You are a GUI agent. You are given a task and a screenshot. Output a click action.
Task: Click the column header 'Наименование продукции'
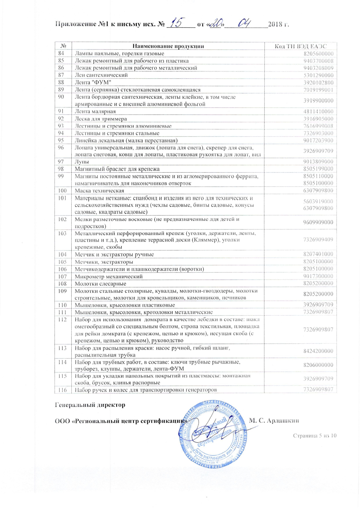[168, 46]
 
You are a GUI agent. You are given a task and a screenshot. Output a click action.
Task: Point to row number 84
[61, 53]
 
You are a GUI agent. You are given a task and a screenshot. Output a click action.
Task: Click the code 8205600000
[319, 54]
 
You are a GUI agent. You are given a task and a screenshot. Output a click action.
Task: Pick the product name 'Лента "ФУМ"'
[93, 82]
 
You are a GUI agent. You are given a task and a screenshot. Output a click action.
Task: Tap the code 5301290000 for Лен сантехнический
[319, 75]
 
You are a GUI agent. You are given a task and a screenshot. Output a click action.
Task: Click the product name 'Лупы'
[82, 162]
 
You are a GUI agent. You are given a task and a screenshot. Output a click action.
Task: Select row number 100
[62, 191]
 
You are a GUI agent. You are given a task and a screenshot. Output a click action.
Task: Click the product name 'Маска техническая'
[99, 191]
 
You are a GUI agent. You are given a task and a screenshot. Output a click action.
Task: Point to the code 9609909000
[318, 222]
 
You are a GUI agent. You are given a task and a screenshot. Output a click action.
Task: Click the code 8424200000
[318, 351]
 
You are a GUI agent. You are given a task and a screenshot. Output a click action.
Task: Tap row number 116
[62, 390]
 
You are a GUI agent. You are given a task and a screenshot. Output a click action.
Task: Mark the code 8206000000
[318, 365]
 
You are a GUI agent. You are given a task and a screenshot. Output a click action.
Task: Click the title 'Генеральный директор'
[90, 405]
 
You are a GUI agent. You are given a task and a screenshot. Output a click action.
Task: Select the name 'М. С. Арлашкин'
[274, 421]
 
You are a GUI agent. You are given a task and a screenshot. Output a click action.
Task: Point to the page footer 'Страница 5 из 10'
[314, 436]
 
